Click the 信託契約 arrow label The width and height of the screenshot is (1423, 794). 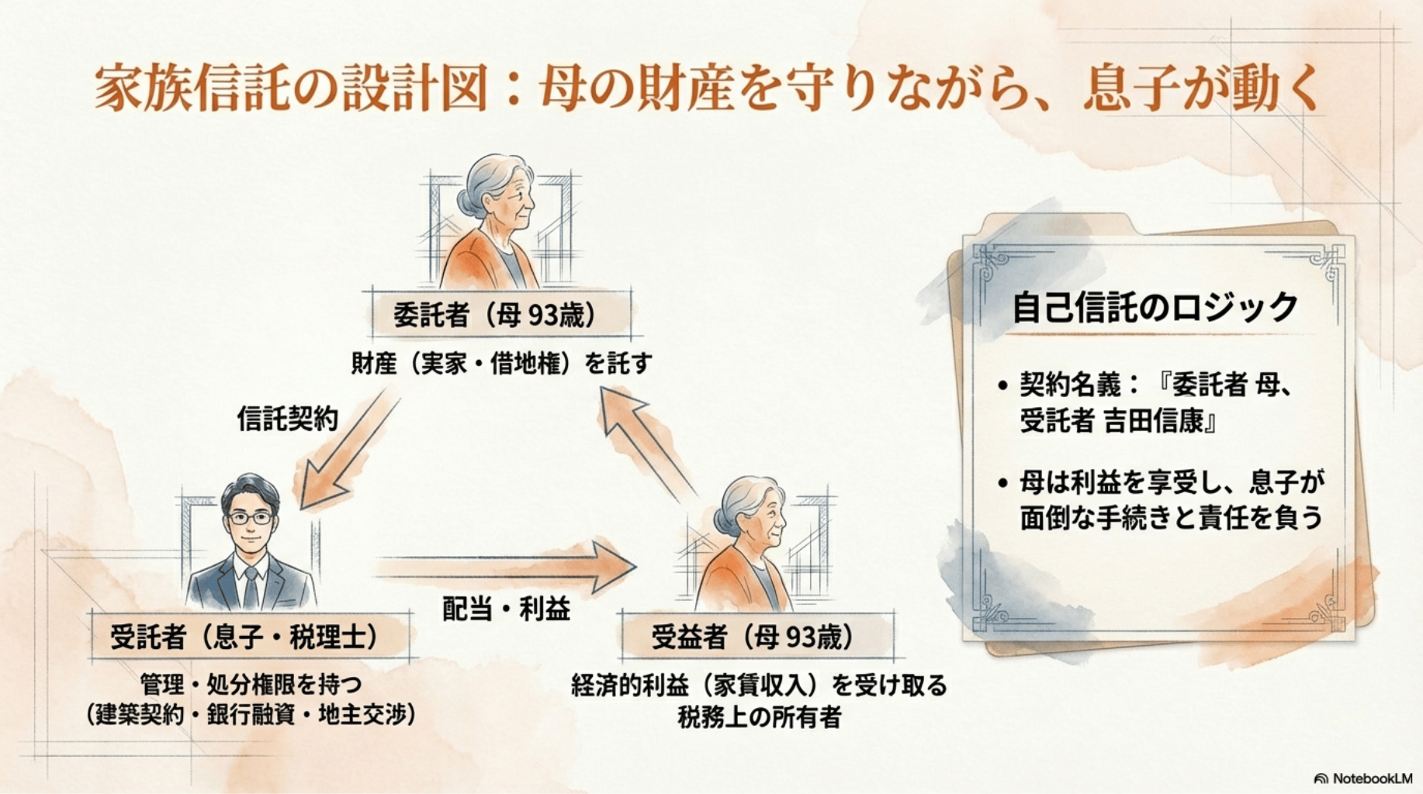[x=287, y=419]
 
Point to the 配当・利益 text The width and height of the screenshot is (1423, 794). [x=506, y=609]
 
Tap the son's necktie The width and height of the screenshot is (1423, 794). [x=251, y=587]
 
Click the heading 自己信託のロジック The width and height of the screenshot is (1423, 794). [x=1155, y=307]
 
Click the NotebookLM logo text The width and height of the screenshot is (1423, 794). [x=1372, y=778]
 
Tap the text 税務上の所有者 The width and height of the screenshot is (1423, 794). [x=759, y=717]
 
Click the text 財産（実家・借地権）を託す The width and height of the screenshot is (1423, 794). [x=501, y=363]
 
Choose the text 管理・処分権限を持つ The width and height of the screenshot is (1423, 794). [x=251, y=685]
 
